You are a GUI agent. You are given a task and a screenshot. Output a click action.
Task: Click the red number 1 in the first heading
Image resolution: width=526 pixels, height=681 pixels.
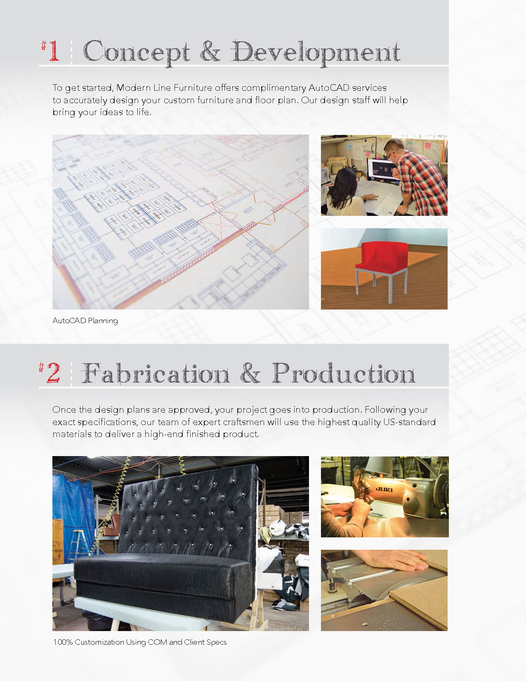click(x=54, y=51)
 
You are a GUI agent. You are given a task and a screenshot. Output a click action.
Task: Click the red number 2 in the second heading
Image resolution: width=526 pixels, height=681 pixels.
click(x=53, y=373)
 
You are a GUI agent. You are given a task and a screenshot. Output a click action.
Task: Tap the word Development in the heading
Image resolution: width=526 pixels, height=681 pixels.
click(x=316, y=53)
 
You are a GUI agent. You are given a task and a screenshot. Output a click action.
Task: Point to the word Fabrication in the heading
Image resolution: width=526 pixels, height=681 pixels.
click(x=156, y=373)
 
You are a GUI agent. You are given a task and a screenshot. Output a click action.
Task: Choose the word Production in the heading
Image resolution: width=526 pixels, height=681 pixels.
click(x=344, y=373)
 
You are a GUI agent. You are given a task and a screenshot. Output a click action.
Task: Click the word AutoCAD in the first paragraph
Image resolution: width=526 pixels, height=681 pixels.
click(x=329, y=88)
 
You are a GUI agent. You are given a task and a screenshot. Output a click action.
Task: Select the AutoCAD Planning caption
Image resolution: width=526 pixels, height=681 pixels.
click(x=85, y=321)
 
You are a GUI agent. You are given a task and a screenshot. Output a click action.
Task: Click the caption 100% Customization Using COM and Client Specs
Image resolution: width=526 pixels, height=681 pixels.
click(x=140, y=642)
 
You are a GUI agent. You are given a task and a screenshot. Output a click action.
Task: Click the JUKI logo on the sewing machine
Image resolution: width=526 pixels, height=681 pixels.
click(x=384, y=489)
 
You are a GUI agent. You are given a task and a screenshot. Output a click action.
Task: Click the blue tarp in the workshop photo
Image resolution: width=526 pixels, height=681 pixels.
click(x=74, y=514)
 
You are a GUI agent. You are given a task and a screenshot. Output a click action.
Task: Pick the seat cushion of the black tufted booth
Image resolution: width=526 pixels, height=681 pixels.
click(x=163, y=567)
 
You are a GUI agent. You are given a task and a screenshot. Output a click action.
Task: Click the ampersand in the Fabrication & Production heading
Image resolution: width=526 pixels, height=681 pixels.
click(x=250, y=373)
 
